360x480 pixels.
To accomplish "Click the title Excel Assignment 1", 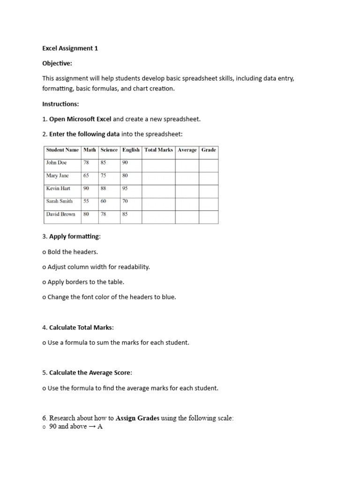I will [70, 48].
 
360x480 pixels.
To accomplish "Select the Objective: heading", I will [57, 63].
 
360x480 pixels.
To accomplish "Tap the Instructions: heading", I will [61, 104].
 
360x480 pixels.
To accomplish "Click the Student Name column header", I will [62, 150].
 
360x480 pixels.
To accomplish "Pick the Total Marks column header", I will [158, 150].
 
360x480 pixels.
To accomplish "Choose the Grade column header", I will [209, 150].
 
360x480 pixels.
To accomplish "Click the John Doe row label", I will [56, 163].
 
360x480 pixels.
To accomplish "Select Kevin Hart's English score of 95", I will [125, 188].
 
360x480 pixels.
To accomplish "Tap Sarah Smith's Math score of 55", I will [86, 201].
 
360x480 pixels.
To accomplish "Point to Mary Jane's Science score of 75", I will [104, 176].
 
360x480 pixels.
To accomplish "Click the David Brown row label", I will [60, 214].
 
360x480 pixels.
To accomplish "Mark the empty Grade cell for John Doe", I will [209, 165].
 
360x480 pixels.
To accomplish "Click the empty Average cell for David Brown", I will [187, 217].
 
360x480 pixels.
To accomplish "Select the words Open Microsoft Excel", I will [80, 119].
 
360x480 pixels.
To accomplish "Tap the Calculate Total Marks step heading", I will [81, 327].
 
